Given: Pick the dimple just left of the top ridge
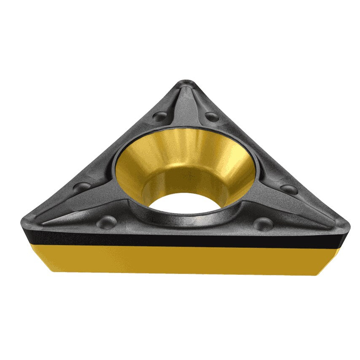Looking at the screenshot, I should point(160,116).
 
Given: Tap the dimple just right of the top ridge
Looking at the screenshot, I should point(212,117).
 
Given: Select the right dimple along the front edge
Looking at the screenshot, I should point(263,223).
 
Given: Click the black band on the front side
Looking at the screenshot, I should point(185,239).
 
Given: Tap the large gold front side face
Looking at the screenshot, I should point(185,259).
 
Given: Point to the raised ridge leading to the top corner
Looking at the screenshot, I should point(185,105).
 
